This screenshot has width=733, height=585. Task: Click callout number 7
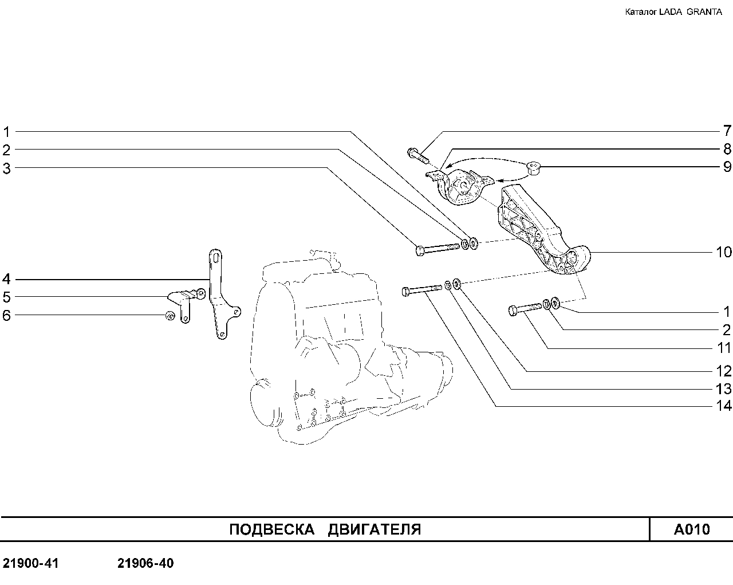(x=727, y=131)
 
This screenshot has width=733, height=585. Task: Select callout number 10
(x=723, y=252)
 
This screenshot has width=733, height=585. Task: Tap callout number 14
(x=723, y=406)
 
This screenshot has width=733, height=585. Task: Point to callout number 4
(x=6, y=279)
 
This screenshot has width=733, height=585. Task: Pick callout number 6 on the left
(x=6, y=315)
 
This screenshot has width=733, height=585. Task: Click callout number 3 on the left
(x=6, y=168)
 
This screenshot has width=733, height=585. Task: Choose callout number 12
(x=723, y=371)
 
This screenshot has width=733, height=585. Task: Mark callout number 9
(x=727, y=167)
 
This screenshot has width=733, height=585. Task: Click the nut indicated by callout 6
(x=170, y=316)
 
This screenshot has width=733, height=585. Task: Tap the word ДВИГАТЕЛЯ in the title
(x=375, y=529)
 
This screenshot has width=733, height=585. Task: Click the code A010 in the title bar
(x=692, y=529)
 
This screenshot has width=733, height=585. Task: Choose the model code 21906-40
(x=145, y=563)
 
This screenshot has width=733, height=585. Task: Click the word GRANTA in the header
(x=704, y=12)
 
